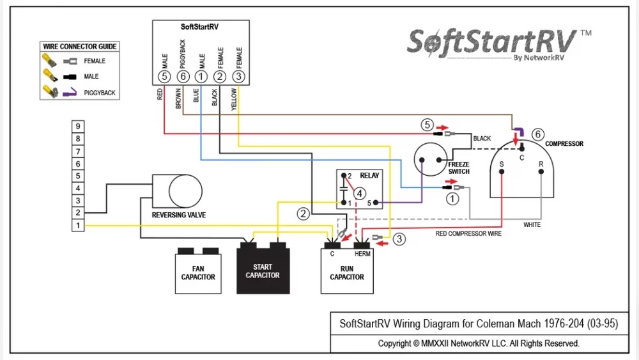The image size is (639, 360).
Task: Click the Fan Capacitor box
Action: tap(198, 273)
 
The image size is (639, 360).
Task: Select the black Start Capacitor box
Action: tap(263, 271)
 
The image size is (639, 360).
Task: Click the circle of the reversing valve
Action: tap(185, 191)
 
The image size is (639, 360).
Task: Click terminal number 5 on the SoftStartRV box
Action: tap(164, 77)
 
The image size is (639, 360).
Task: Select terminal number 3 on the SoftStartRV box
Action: tap(238, 77)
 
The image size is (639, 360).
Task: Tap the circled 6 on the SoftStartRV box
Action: tap(183, 77)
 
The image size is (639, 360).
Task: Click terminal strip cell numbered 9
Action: tap(78, 127)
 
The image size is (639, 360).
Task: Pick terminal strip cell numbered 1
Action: tap(78, 225)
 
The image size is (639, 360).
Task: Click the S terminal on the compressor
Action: tap(502, 164)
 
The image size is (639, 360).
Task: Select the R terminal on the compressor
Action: tap(541, 164)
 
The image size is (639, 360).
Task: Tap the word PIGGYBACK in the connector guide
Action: tap(100, 93)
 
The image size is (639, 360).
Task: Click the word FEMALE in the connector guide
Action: tap(95, 61)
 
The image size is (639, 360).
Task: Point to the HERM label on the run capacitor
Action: tap(362, 254)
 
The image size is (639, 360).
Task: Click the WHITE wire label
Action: tap(532, 225)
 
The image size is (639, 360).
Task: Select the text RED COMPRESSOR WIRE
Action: tap(468, 234)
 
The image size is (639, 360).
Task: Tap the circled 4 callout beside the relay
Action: tap(360, 192)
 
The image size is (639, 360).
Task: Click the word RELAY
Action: tap(369, 175)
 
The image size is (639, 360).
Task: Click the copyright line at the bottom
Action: tap(478, 343)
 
